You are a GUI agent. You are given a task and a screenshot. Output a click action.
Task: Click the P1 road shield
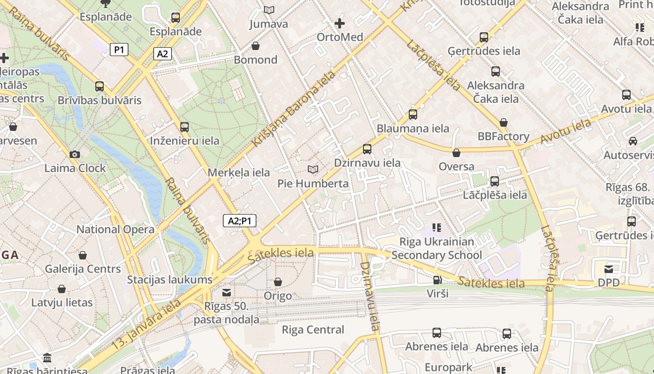[x=119, y=50]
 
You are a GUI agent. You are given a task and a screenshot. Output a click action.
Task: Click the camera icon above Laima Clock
[x=74, y=155]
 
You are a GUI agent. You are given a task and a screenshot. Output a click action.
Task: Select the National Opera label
[x=115, y=230]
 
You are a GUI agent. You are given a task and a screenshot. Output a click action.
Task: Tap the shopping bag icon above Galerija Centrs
[x=83, y=255]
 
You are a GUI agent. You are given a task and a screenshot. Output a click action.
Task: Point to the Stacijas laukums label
[x=170, y=280]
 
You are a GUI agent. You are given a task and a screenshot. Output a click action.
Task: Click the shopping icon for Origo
[x=278, y=282]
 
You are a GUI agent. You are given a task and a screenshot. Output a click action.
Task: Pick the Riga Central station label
[x=313, y=330]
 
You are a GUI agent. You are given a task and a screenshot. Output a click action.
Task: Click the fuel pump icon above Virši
[x=437, y=280]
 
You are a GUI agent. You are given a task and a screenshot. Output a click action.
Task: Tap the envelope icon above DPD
[x=609, y=269]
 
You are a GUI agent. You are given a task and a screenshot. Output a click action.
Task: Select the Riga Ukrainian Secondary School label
[x=437, y=248]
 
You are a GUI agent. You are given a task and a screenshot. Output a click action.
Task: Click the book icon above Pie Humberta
[x=313, y=169]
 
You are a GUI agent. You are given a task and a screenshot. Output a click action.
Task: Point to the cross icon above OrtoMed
[x=340, y=23]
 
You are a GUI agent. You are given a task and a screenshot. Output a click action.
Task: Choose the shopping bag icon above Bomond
[x=256, y=46]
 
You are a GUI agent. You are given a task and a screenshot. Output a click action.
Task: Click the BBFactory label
[x=504, y=137]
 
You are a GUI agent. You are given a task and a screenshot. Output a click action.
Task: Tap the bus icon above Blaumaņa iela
[x=413, y=115]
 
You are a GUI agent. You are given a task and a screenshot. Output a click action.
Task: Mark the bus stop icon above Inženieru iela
[x=185, y=127]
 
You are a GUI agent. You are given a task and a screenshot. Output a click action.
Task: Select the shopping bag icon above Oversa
[x=456, y=153]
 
